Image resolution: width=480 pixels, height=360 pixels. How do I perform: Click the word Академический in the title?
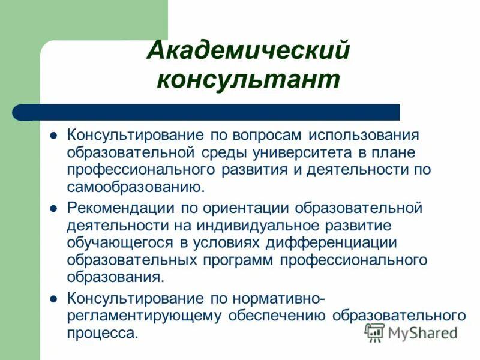click(248, 50)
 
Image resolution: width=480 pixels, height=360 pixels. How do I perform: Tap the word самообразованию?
click(136, 187)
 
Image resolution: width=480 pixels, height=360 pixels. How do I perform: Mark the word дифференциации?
click(346, 243)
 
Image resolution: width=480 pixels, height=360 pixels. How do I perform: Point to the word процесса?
click(103, 333)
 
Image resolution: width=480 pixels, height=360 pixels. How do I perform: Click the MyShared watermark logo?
click(412, 332)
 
